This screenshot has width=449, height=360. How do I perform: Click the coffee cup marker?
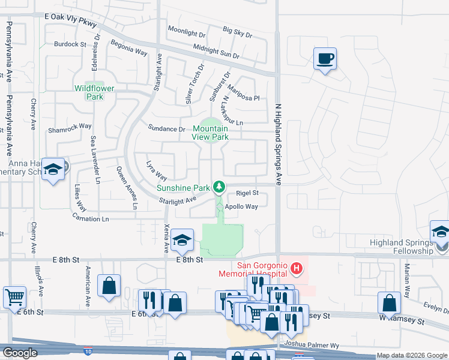(x=325, y=59)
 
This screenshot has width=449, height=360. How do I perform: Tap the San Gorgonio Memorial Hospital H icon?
(x=295, y=267)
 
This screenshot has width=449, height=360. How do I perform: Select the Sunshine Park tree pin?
(x=220, y=187)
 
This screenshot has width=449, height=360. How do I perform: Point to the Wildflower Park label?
(x=94, y=92)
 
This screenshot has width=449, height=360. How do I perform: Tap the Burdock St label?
(x=70, y=44)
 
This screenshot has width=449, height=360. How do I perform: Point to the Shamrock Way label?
(x=70, y=127)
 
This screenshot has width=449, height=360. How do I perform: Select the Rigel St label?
(x=247, y=193)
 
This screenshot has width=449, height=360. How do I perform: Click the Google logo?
(x=20, y=353)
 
